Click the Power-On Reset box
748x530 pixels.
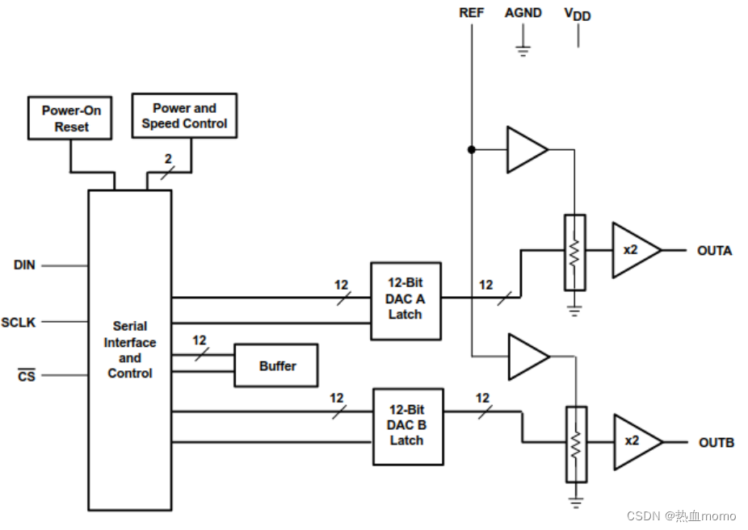(71, 119)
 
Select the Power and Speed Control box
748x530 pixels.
(184, 115)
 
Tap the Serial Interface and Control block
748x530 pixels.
(129, 349)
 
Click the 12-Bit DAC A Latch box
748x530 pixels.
(406, 300)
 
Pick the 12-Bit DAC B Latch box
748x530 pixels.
(407, 426)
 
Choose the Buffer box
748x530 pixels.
(276, 365)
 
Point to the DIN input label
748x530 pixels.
(24, 265)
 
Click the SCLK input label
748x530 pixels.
(19, 322)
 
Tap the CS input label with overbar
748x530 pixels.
(27, 376)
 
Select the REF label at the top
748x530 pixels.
(472, 13)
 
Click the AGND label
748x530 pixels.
(523, 13)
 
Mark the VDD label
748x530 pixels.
(578, 15)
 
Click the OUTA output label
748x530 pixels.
(714, 251)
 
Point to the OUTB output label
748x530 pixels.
(716, 443)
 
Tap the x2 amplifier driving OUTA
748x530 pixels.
(632, 250)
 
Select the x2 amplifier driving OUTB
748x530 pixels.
(634, 442)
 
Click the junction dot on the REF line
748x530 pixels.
(471, 149)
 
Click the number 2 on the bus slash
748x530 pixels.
(168, 159)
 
